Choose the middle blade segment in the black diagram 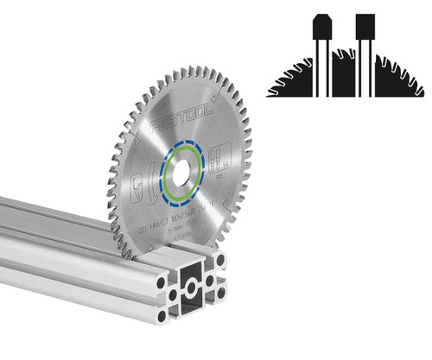pyautogui.click(x=345, y=74)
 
